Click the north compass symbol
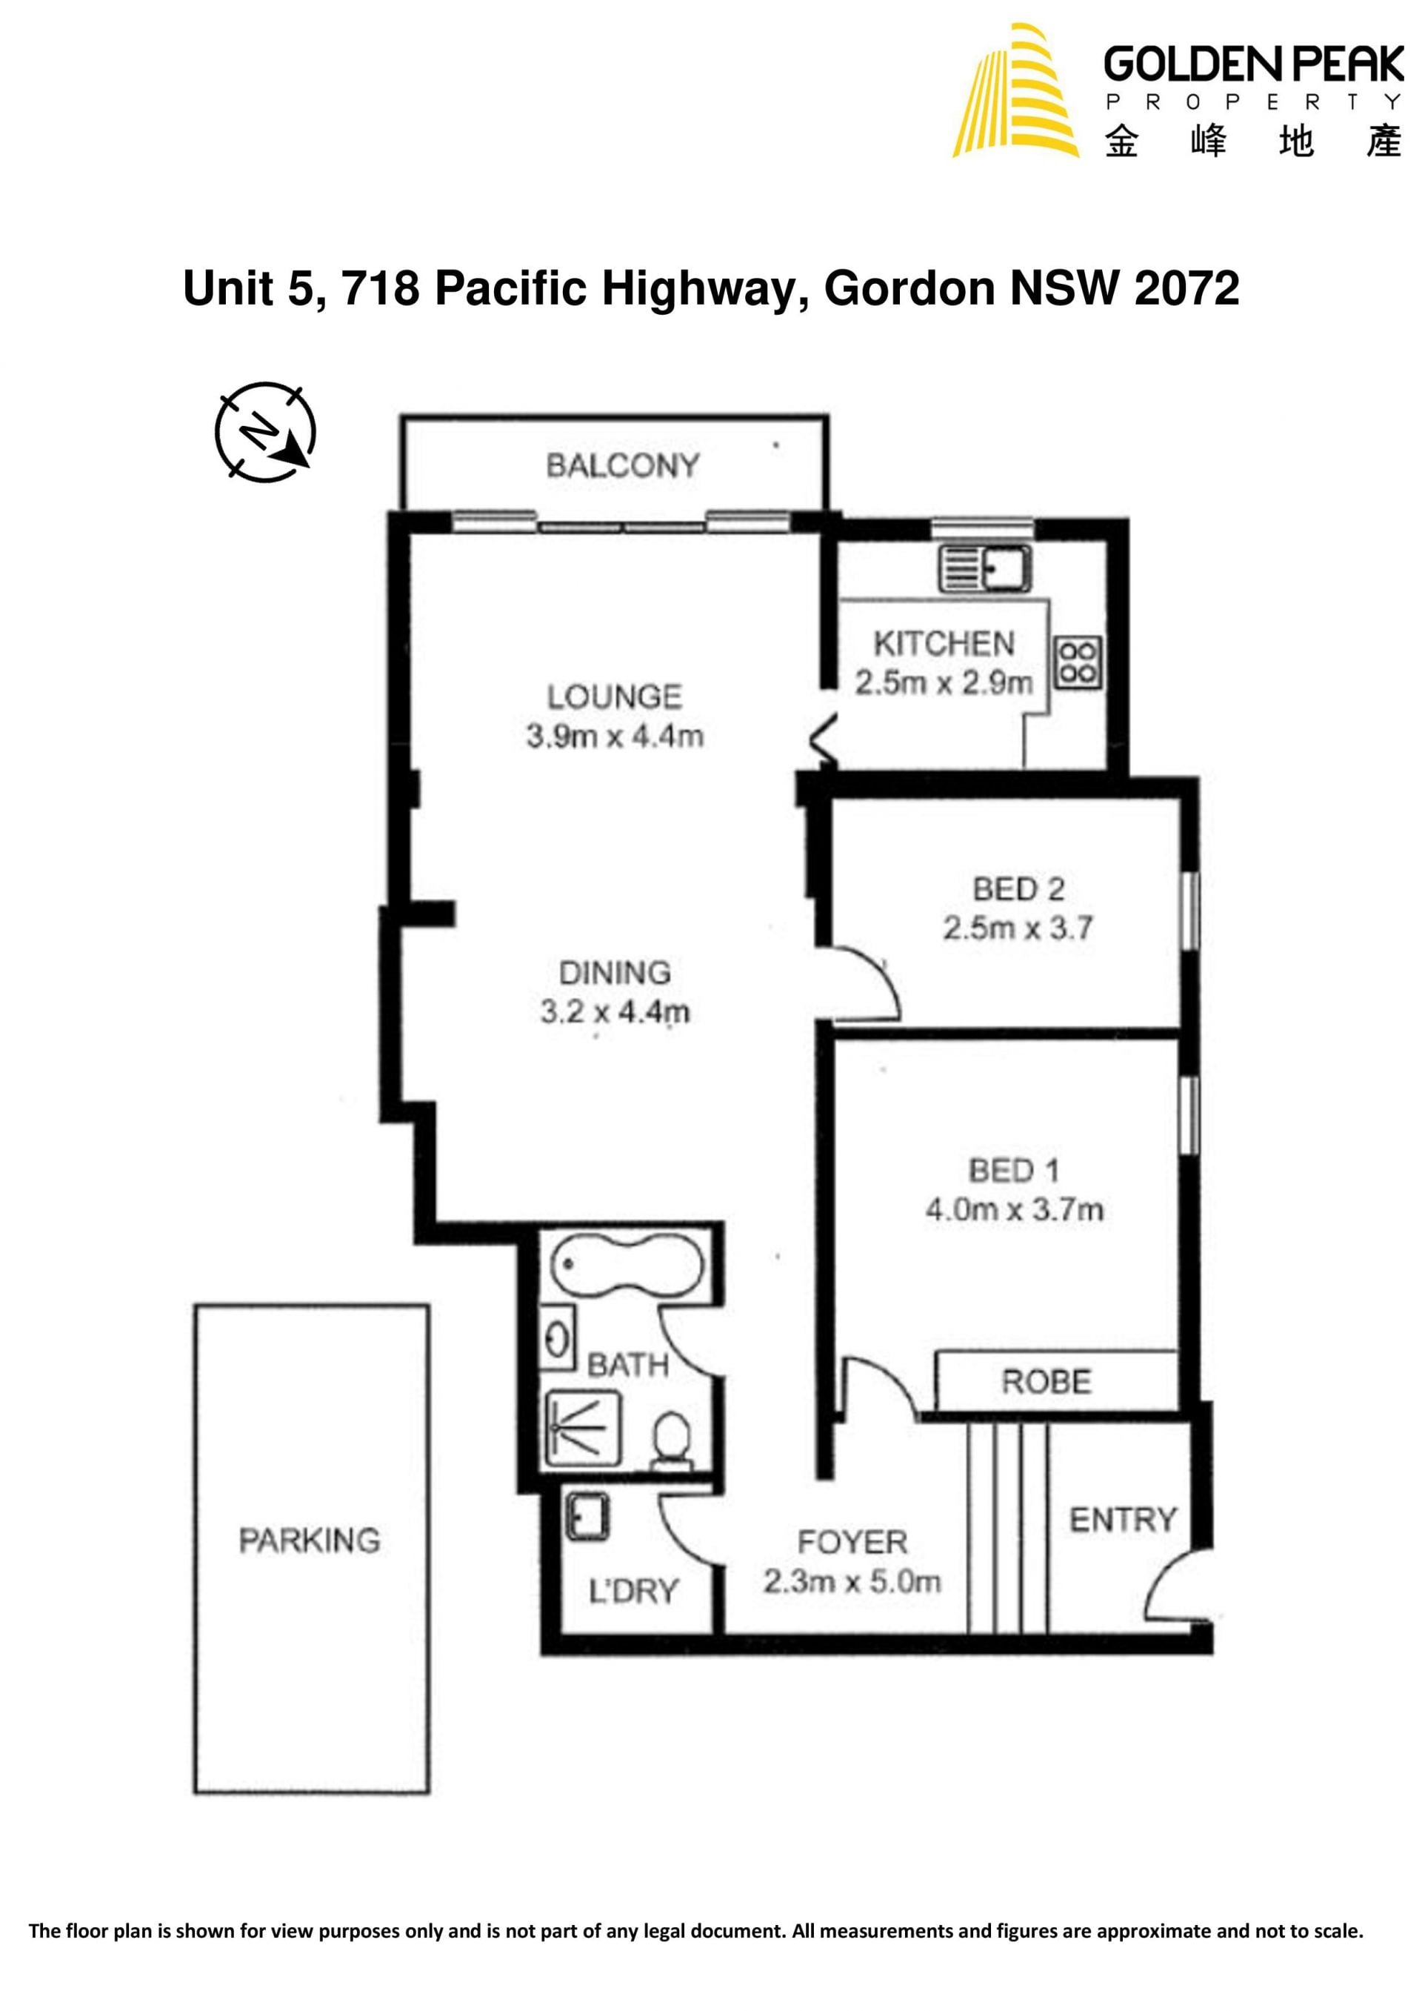click(265, 432)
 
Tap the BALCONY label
click(623, 465)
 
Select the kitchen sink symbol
click(985, 568)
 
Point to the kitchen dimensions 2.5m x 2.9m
click(944, 683)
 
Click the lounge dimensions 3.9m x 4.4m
click(615, 736)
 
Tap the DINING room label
click(615, 972)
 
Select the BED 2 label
click(1018, 889)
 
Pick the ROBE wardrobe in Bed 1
click(1056, 1381)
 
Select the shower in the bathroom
click(582, 1429)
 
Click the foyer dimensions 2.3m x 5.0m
click(852, 1582)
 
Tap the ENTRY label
click(1124, 1520)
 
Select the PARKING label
click(310, 1540)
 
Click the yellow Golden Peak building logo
click(1015, 90)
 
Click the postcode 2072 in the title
click(1186, 288)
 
